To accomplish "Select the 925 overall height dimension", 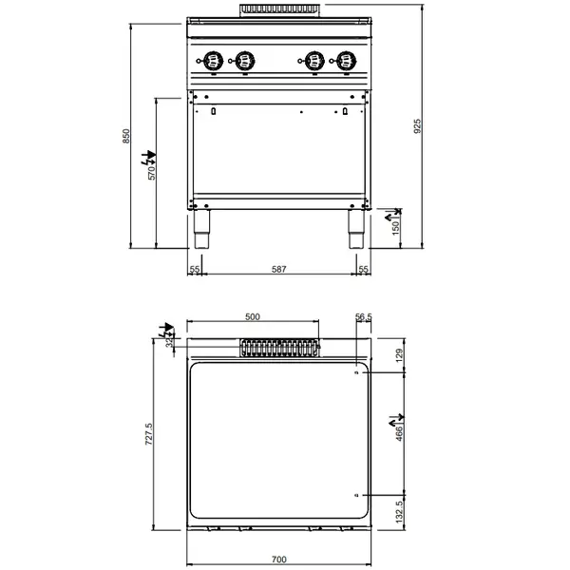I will [x=417, y=124].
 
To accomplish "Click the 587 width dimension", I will [x=278, y=270].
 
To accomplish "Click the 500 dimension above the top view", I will [x=253, y=317].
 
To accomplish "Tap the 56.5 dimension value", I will [x=362, y=317].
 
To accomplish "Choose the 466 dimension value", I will [x=398, y=432].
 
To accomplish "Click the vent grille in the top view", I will [x=277, y=351].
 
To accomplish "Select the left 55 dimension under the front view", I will [x=195, y=270].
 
